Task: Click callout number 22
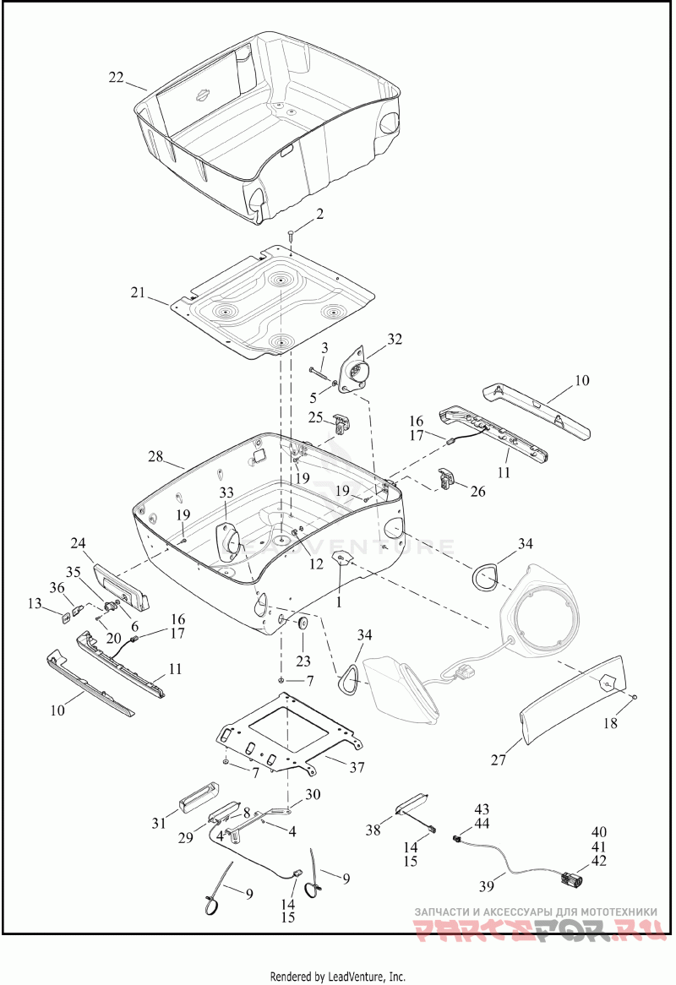coord(117,77)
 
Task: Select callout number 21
coord(139,292)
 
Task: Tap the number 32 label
coord(395,340)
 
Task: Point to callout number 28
coord(155,456)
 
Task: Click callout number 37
coord(357,767)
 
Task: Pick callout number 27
coord(499,760)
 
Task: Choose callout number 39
coord(487,886)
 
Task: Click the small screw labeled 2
coord(292,236)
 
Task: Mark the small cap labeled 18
coord(635,697)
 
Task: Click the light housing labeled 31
coord(198,797)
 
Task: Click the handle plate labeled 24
coord(121,585)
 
